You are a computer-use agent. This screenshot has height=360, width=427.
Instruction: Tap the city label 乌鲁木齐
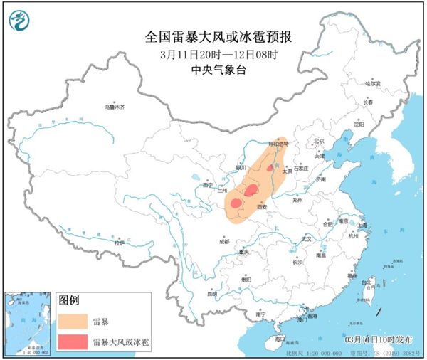(x=114, y=107)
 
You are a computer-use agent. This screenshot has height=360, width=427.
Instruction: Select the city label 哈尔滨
(x=374, y=84)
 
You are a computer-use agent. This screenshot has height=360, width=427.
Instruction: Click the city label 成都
(x=225, y=242)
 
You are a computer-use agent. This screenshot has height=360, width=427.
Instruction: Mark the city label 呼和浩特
(x=279, y=144)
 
